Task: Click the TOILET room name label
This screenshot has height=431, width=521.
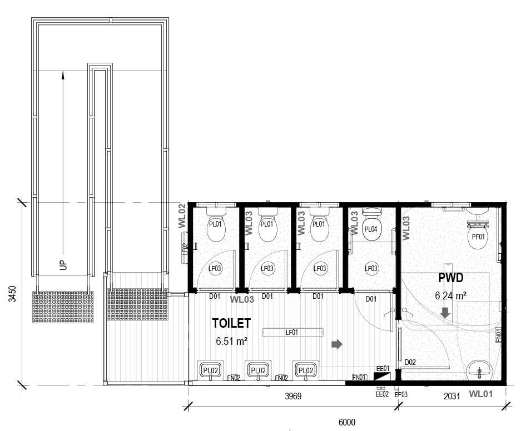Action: pyautogui.click(x=231, y=323)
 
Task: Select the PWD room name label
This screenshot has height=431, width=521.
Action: pyautogui.click(x=450, y=277)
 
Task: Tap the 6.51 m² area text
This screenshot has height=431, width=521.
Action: pyautogui.click(x=231, y=342)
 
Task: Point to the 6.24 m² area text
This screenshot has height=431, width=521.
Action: pyautogui.click(x=450, y=295)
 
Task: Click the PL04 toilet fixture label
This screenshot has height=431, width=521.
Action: pyautogui.click(x=371, y=229)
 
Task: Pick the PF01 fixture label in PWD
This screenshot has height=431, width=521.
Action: pyautogui.click(x=478, y=237)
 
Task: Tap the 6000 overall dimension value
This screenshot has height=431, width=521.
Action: pyautogui.click(x=346, y=423)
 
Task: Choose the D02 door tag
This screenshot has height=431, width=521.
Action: pyautogui.click(x=410, y=363)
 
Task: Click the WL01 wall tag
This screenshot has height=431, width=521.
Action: pyautogui.click(x=482, y=394)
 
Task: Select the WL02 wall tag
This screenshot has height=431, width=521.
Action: pyautogui.click(x=181, y=216)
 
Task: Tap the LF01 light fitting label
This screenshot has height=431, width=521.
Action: pyautogui.click(x=292, y=333)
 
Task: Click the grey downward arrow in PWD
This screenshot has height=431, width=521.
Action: pyautogui.click(x=445, y=313)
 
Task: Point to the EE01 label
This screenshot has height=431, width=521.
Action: pyautogui.click(x=382, y=368)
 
